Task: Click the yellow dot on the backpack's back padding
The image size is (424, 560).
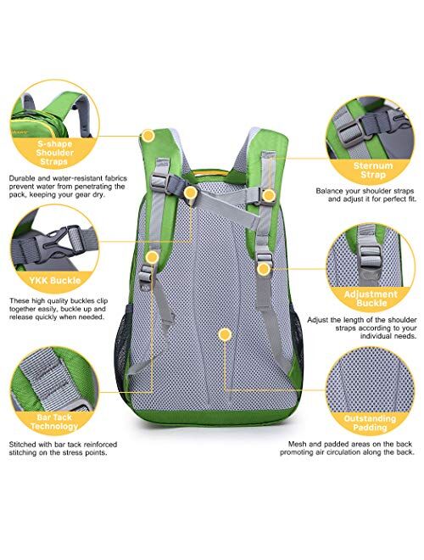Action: click(x=224, y=335)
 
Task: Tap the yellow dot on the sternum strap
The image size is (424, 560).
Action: click(x=268, y=196)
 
